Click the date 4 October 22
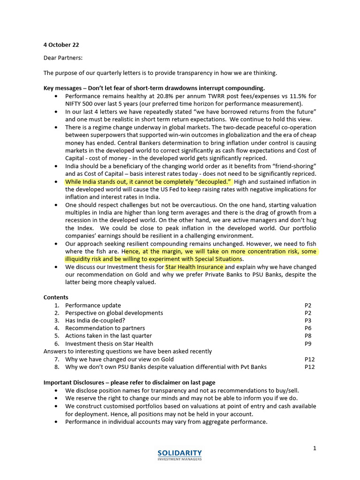[61, 45]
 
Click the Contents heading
[56, 297]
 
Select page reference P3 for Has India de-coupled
[307, 321]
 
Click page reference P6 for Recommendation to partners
[307, 328]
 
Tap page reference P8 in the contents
[307, 336]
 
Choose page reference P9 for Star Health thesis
[307, 344]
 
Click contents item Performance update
[93, 305]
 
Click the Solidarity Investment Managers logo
[180, 455]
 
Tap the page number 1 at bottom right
[315, 448]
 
